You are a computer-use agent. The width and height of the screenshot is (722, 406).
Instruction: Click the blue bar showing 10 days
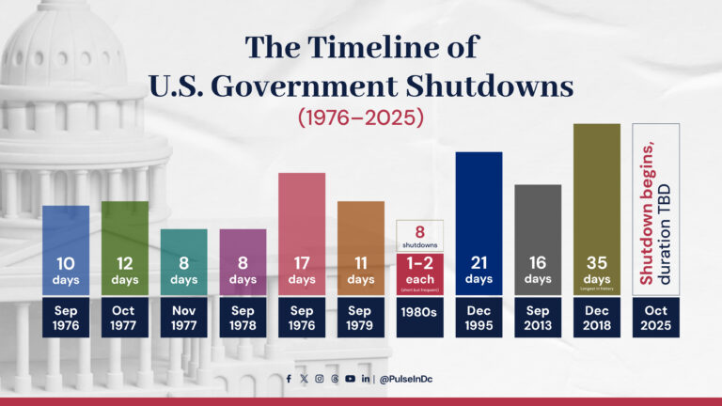tap(66, 249)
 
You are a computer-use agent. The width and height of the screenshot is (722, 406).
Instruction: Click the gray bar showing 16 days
tap(538, 239)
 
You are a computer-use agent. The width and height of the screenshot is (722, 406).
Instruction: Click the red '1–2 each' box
tap(419, 273)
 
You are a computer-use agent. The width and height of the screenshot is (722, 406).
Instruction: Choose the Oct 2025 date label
tap(656, 318)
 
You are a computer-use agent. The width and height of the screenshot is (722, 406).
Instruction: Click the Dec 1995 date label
tap(479, 318)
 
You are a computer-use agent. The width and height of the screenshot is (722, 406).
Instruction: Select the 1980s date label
tap(419, 318)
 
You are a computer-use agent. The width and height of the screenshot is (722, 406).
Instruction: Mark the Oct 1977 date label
tap(125, 318)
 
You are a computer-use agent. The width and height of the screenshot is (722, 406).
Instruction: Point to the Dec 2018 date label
tap(597, 318)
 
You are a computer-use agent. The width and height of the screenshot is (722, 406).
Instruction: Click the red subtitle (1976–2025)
tap(361, 119)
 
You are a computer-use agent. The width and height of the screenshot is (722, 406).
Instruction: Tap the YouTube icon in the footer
tap(350, 379)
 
